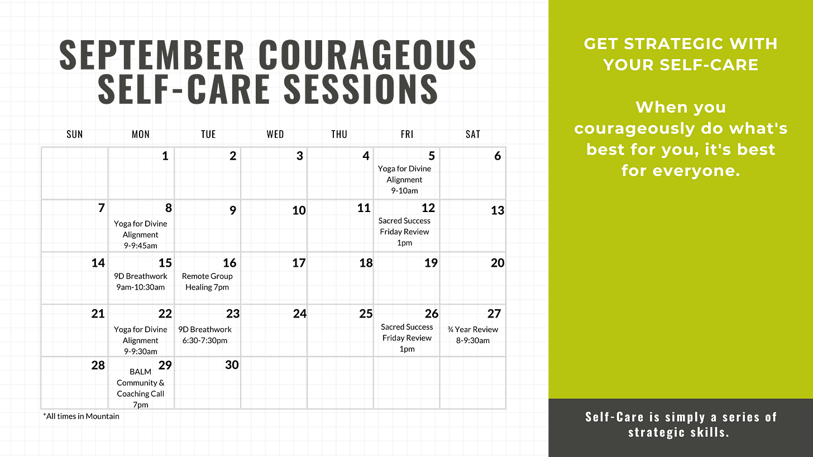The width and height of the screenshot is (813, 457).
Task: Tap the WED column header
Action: point(275,134)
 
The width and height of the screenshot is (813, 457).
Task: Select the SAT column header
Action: point(472,134)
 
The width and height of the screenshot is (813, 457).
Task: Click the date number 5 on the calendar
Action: point(432,156)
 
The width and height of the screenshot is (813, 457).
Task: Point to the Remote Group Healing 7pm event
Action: point(207,282)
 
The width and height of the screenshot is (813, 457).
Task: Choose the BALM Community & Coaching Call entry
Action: point(141,388)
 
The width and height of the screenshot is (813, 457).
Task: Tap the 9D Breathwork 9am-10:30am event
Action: point(141,282)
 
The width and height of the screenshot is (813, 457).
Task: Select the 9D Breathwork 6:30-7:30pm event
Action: point(205,335)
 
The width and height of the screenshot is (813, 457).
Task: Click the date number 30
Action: point(232,365)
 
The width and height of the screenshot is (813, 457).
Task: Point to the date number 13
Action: point(498,210)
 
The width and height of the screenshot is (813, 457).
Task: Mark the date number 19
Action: point(431,263)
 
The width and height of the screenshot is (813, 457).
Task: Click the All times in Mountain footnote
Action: point(81,416)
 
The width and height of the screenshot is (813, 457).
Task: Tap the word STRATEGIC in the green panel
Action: point(681,44)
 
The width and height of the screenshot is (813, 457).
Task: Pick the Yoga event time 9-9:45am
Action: point(141,246)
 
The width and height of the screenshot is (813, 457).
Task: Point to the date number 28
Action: point(98,365)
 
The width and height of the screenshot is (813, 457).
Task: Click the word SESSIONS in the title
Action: point(361,88)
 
